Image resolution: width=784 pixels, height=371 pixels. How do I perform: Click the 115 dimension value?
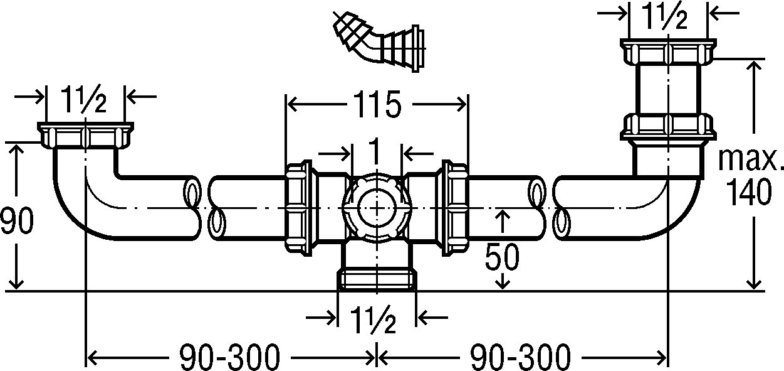tap(377, 104)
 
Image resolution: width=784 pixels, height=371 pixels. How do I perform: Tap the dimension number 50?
tap(502, 256)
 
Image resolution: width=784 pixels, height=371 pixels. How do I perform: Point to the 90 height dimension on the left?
tap(17, 220)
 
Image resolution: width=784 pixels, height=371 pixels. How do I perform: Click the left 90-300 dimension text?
tap(230, 357)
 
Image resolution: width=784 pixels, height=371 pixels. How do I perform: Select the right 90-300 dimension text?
tap(520, 357)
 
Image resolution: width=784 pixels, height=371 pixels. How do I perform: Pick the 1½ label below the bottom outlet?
tap(374, 320)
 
